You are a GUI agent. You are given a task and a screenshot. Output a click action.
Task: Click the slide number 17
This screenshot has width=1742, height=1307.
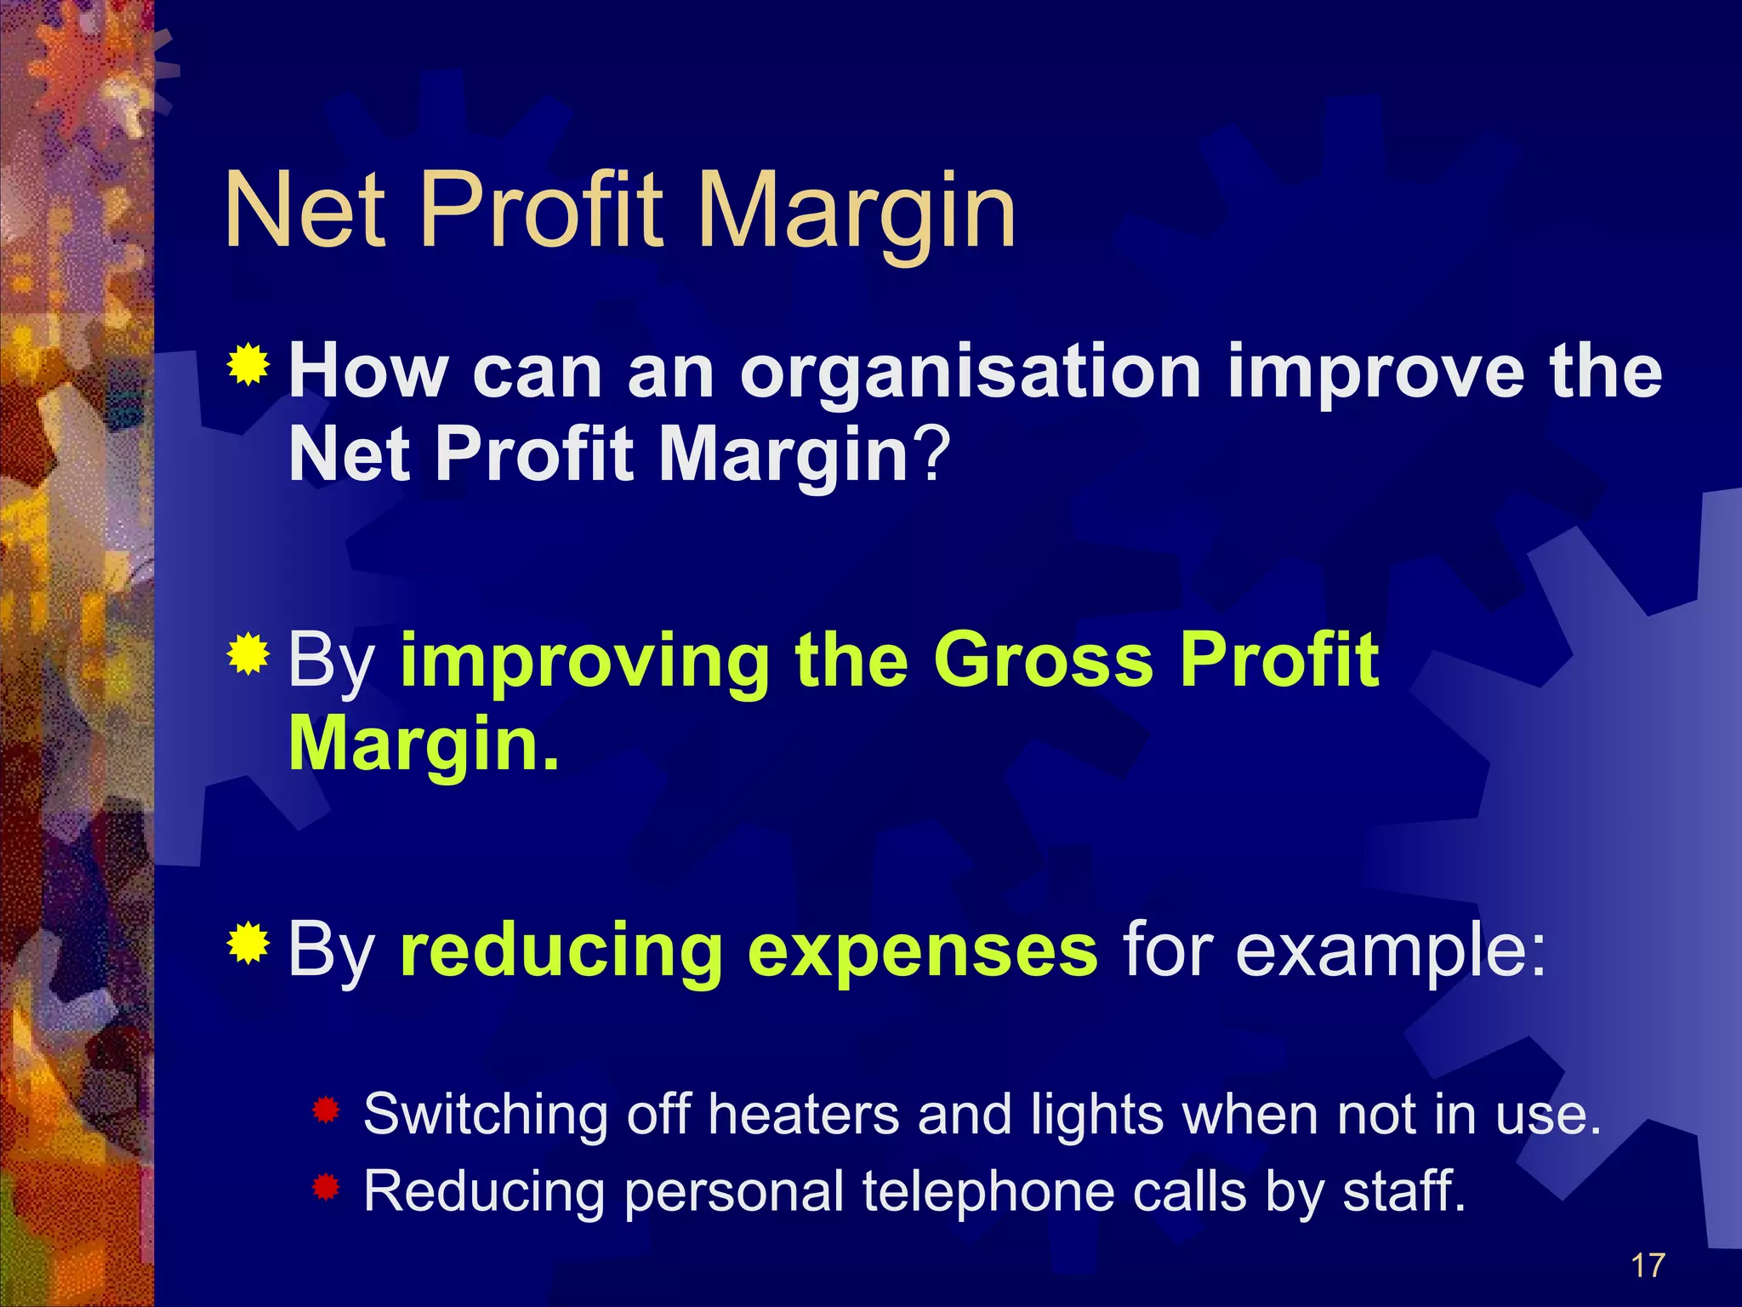point(1648,1265)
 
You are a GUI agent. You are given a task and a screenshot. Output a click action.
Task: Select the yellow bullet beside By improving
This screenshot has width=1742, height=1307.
point(248,654)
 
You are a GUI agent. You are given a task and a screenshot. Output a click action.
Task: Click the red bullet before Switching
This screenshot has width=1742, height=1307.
point(326,1110)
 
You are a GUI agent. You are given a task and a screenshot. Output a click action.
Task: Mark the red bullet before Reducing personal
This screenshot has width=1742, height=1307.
point(326,1186)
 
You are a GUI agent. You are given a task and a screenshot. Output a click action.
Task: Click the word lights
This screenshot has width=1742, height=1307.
point(1096,1116)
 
